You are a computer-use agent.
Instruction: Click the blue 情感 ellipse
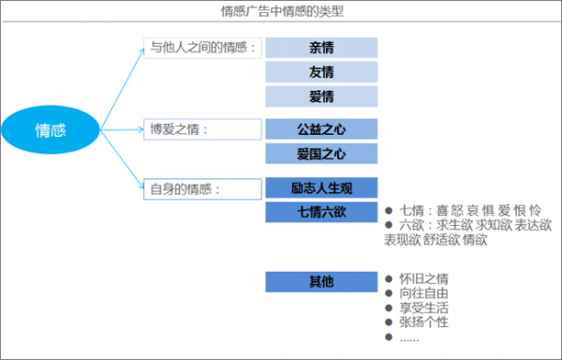(51, 129)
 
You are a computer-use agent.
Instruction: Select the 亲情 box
(321, 48)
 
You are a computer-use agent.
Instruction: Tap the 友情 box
(321, 72)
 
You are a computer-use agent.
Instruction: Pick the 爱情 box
(321, 97)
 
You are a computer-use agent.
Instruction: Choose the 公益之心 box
(321, 129)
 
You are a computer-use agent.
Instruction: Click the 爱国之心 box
(321, 154)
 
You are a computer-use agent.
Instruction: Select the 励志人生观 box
(321, 187)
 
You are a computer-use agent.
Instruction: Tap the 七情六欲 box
(321, 212)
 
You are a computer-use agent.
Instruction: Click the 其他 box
(321, 280)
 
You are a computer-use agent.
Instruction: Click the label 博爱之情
(178, 129)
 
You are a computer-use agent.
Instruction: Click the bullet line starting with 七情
(463, 212)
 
